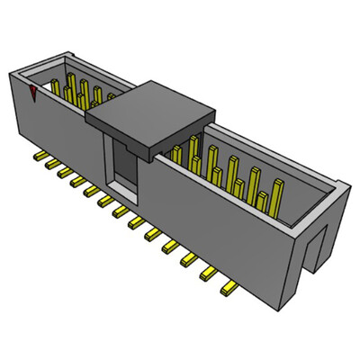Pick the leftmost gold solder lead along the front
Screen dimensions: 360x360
39,158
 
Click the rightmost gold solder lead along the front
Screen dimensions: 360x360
230,290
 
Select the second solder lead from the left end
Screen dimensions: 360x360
51,166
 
